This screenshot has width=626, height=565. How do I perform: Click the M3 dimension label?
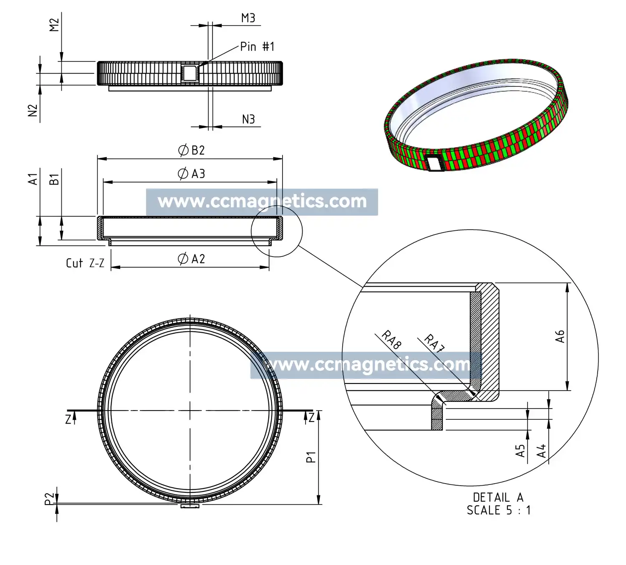click(x=248, y=18)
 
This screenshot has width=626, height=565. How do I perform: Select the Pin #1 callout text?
click(x=257, y=46)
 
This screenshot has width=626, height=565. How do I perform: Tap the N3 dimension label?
click(x=248, y=119)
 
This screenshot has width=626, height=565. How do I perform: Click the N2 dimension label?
click(x=33, y=110)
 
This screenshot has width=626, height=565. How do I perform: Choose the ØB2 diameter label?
click(x=192, y=150)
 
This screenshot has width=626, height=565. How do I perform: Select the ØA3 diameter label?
click(x=192, y=174)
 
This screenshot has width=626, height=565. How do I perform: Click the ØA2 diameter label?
click(x=192, y=259)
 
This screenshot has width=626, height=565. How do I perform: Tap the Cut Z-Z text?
click(x=85, y=263)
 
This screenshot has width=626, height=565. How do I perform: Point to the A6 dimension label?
click(x=560, y=336)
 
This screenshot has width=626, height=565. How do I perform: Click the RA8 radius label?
click(x=391, y=340)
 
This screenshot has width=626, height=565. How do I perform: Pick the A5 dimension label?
click(x=520, y=451)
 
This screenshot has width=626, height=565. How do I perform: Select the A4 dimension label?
click(x=541, y=451)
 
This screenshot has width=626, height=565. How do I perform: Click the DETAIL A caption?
click(x=498, y=497)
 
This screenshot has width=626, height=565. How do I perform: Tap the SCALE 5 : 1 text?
click(x=498, y=510)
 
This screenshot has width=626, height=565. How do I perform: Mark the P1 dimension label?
click(x=311, y=457)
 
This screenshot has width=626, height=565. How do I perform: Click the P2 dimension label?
click(x=50, y=499)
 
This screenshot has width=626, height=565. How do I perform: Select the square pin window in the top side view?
click(x=189, y=73)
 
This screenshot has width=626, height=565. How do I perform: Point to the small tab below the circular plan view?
click(x=190, y=507)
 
